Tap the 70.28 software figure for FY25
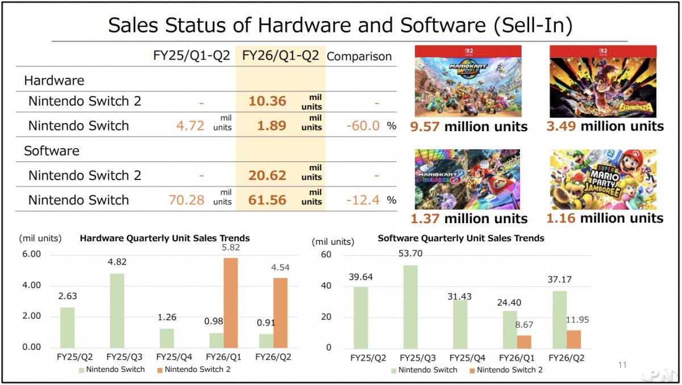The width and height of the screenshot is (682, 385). point(186,200)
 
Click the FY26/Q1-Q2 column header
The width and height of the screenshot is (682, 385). point(280,56)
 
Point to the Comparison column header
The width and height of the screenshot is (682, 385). point(359,56)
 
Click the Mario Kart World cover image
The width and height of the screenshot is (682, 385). point(468,82)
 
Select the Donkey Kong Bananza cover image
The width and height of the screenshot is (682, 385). point(603,82)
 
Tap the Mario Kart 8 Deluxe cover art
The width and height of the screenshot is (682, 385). point(467,179)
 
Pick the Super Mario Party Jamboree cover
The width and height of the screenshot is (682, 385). point(603,179)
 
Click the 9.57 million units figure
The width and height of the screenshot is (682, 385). point(468,127)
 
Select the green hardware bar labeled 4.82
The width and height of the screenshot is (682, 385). point(117,310)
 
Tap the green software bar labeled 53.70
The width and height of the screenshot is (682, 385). point(411,307)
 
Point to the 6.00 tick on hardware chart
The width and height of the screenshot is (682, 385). point(31,254)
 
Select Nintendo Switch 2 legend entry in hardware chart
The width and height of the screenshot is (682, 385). point(194,370)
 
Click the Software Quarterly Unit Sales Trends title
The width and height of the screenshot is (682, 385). point(461,238)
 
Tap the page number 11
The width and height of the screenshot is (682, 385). point(622,365)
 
